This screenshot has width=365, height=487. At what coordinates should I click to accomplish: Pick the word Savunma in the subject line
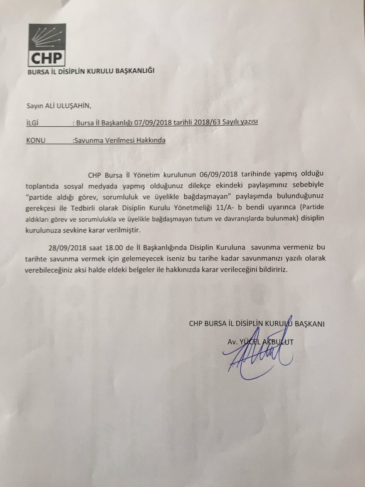point(87,140)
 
